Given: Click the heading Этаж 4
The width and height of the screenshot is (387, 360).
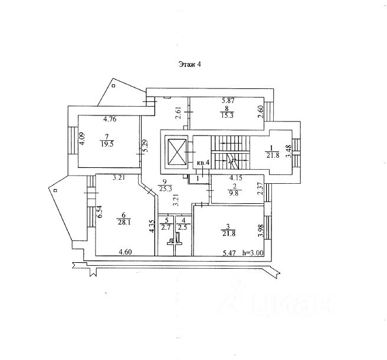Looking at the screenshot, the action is (189, 64).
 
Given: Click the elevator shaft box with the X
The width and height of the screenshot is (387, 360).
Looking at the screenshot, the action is (177, 152).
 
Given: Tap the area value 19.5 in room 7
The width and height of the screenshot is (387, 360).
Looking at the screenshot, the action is (107, 144).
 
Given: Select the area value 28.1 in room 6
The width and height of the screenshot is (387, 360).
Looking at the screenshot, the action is (124, 222).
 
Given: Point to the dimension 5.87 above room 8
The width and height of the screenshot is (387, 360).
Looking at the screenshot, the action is (228, 101).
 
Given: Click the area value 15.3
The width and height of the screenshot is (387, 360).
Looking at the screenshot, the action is (227, 115).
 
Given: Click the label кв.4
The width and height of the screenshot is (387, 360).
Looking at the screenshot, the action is (204, 163).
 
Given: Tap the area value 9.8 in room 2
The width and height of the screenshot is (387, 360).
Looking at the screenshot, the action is (234, 194).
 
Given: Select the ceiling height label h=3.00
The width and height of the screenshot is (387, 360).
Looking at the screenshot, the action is (253, 253).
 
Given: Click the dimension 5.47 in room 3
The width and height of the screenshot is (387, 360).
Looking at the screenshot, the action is (229, 253).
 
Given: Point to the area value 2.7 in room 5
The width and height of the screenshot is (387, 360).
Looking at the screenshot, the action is (166, 227).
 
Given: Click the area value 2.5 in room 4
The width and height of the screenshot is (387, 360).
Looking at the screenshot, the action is (182, 227).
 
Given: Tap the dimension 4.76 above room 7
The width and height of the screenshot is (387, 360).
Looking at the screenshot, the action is (110, 120).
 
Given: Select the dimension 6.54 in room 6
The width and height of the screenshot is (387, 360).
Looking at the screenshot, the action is (100, 212).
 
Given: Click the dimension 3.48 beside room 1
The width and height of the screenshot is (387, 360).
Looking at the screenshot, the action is (288, 151).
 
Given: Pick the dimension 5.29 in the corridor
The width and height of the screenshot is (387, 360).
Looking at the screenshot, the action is (145, 146).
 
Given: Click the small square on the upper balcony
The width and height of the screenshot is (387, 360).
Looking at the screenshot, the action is (114, 86).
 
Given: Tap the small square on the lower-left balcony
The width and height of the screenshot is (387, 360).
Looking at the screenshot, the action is (55, 190).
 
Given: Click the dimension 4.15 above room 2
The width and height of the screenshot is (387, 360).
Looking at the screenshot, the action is (236, 177).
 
